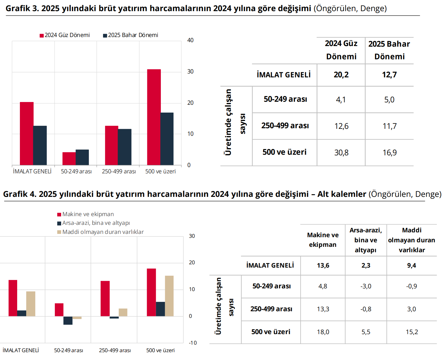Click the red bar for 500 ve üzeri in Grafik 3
point(154,117)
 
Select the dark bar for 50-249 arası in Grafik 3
point(82,157)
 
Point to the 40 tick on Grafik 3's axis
point(190,40)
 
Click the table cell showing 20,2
point(341,75)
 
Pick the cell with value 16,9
point(389,153)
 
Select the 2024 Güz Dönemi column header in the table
point(341,50)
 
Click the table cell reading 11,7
point(389,126)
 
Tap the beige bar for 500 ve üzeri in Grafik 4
point(169,296)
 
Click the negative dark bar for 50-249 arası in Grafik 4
point(68,321)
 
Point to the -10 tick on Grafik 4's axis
point(193,343)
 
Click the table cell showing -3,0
point(366,286)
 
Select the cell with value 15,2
point(412,332)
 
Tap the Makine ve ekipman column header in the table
point(323,240)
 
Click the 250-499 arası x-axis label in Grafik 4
point(115,350)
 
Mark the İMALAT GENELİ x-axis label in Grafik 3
point(32,171)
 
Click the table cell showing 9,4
point(411,265)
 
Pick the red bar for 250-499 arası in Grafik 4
point(105,299)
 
